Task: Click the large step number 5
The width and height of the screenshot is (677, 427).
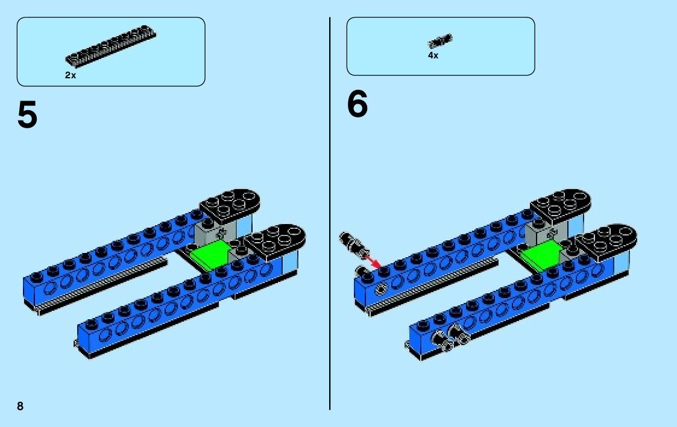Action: pos(27,115)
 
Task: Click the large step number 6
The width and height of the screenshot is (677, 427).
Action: pos(357,105)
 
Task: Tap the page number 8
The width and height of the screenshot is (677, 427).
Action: pos(20,406)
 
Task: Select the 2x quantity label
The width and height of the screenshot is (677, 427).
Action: pos(71,76)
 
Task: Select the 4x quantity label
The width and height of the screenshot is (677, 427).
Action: pos(433,55)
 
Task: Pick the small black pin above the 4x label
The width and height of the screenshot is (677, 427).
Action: pos(440,41)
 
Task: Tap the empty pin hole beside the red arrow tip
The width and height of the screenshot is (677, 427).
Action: pos(382,288)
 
